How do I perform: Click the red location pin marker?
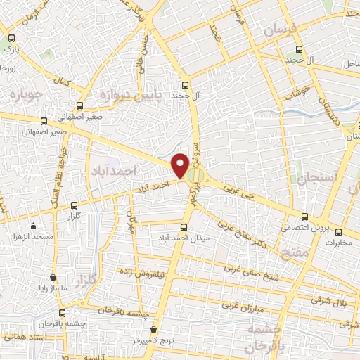(180, 165)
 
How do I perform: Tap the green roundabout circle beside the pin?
(198, 174)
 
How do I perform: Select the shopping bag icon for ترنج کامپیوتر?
(154, 328)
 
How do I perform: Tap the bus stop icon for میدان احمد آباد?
(184, 227)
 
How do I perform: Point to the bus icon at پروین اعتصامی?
(304, 217)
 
